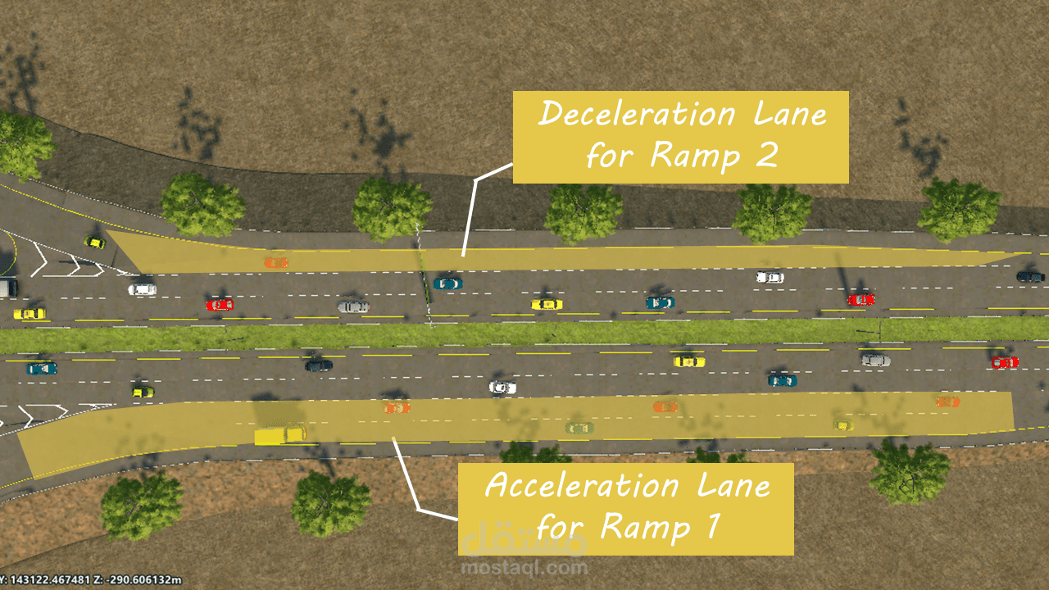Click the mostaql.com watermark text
[524, 567]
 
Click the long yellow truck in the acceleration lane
[279, 433]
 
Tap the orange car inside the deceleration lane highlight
[276, 262]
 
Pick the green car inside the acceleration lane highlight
[579, 428]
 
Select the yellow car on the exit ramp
[95, 242]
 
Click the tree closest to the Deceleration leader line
[392, 208]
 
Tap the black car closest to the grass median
[319, 365]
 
